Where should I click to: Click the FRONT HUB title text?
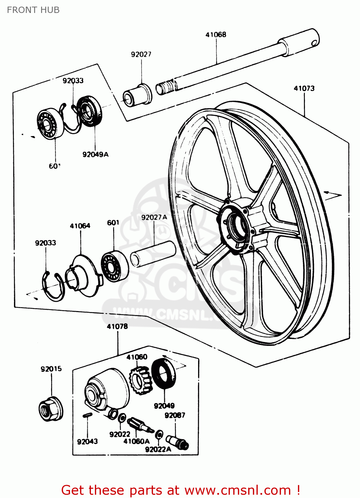pos(33,10)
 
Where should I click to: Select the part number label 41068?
pos(216,35)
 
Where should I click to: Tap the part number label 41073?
pos(304,88)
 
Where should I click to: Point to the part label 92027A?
pos(154,217)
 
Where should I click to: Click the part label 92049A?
pos(95,154)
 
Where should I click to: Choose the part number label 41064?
pos(80,226)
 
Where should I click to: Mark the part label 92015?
pos(51,369)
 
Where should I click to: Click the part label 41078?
pos(117,326)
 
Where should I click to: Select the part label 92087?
pos(175,415)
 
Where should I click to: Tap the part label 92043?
pos(87,442)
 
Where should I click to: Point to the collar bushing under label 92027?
pos(137,95)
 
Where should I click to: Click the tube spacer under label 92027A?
pos(153,254)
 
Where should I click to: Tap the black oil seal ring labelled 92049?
pos(164,373)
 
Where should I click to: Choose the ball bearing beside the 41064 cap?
pos(114,266)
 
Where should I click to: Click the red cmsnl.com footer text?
pos(181,490)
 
